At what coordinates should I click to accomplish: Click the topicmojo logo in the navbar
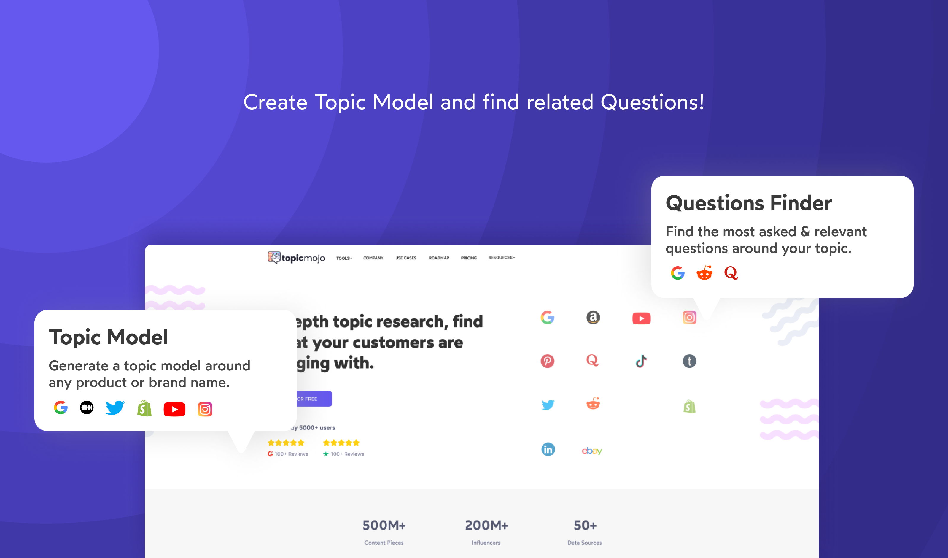pos(296,258)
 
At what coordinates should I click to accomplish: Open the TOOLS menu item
pos(344,258)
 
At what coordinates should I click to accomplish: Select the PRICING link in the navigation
pos(469,258)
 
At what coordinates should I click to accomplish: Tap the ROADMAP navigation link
pos(439,258)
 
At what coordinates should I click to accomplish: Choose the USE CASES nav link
pos(405,258)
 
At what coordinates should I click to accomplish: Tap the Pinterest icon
pos(547,361)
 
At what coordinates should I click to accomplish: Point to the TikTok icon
pos(641,361)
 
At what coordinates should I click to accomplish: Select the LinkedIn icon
pos(548,449)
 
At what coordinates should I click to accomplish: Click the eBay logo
pos(592,451)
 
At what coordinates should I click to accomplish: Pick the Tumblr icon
pos(689,361)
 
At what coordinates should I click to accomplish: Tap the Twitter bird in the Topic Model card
pos(115,408)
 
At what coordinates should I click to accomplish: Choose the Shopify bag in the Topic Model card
pos(144,408)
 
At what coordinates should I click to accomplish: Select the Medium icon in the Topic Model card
pos(87,408)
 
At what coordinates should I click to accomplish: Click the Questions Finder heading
pos(749,203)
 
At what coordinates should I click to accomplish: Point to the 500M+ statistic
pos(384,525)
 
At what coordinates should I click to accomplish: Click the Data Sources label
pos(585,543)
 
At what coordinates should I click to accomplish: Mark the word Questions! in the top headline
pos(652,102)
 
